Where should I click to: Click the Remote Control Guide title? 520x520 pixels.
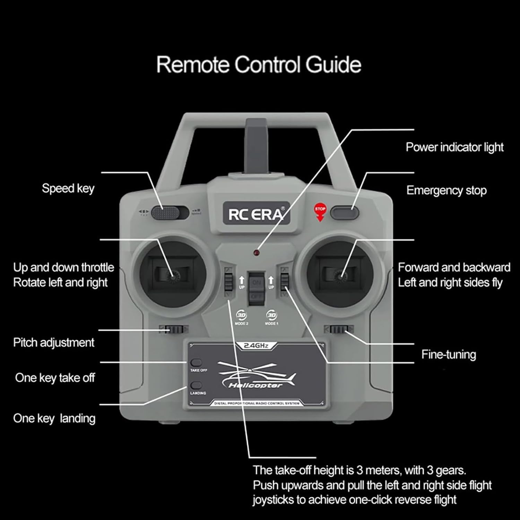coord(259,64)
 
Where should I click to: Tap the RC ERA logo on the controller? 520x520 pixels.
coord(256,214)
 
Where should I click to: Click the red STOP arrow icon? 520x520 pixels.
coord(320,212)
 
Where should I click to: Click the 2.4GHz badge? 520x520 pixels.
coord(256,346)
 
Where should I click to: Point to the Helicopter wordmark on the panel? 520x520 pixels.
coord(255,385)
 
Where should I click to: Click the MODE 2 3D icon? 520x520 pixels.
coord(241,315)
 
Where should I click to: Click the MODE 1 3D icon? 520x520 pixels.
coord(271,315)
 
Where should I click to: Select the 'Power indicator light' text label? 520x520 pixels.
coord(454,147)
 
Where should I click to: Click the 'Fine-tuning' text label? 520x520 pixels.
coord(448,354)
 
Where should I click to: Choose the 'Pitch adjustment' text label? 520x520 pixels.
coord(54,343)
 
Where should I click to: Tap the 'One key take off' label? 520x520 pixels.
coord(55,378)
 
